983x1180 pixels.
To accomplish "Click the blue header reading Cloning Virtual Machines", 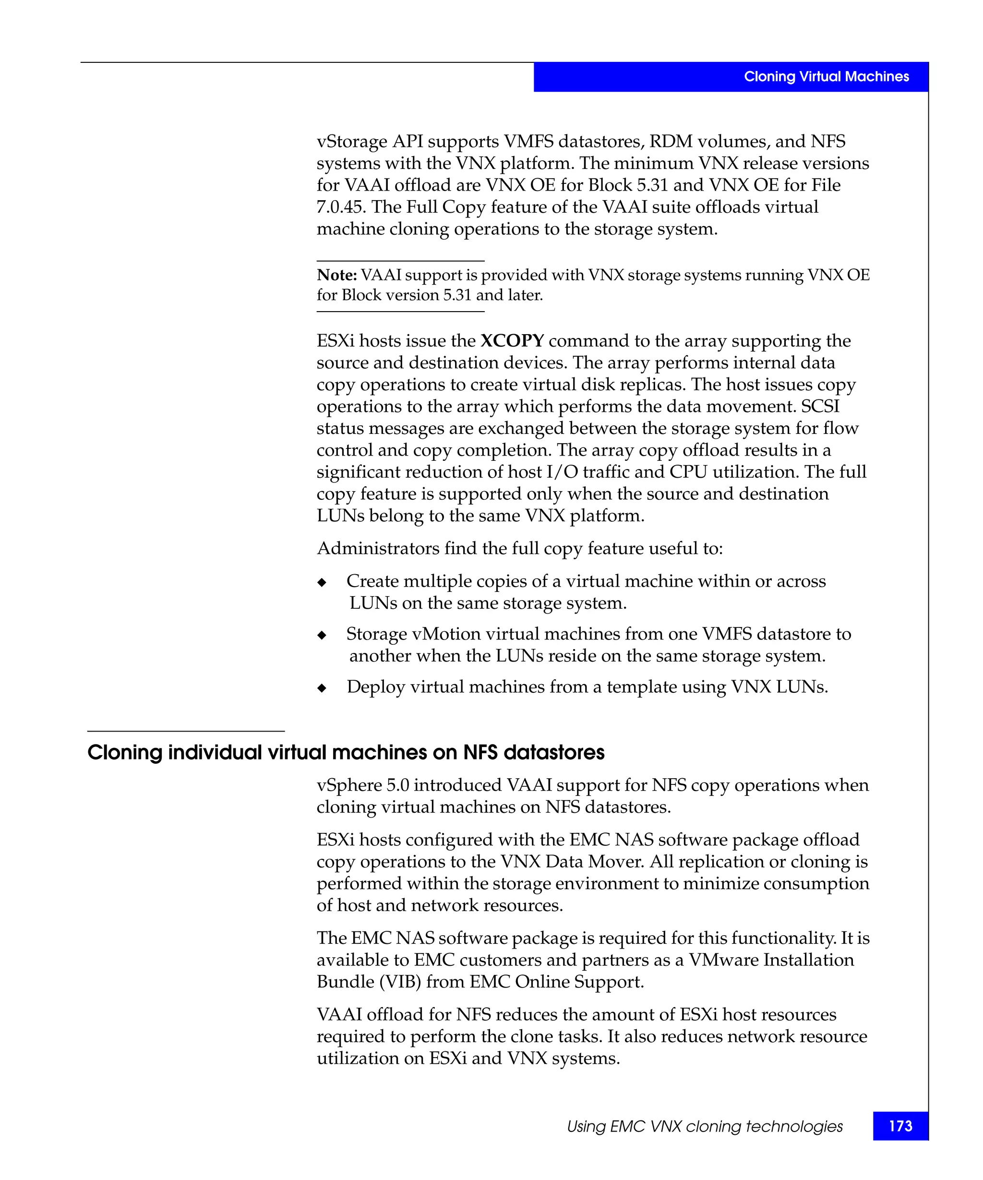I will [x=826, y=76].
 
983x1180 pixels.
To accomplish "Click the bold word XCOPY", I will [x=512, y=340].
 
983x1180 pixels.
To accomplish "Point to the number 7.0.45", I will [x=340, y=207].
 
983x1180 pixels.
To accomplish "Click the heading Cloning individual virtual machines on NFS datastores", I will [x=346, y=752].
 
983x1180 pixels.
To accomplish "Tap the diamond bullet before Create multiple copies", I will [x=322, y=582].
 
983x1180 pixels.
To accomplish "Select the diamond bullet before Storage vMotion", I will [x=322, y=635].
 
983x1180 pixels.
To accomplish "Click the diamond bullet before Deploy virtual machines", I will [x=322, y=688].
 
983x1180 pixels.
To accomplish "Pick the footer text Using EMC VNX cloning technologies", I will [x=705, y=1126].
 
